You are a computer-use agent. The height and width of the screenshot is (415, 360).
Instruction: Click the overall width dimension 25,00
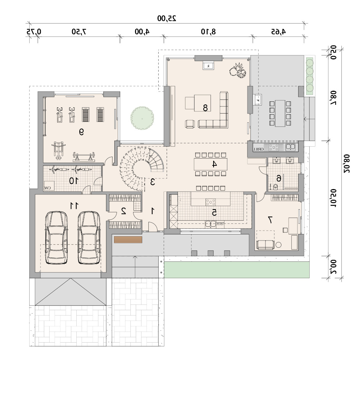pyautogui.click(x=167, y=18)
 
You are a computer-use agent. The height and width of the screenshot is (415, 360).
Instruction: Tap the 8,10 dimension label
pyautogui.click(x=208, y=32)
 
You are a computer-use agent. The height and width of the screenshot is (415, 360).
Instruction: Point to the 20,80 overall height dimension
pyautogui.click(x=347, y=163)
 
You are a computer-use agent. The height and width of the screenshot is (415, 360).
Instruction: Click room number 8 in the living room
pyautogui.click(x=205, y=108)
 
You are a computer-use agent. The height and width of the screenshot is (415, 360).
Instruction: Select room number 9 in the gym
pyautogui.click(x=81, y=132)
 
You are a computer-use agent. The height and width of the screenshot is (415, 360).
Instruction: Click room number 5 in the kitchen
pyautogui.click(x=214, y=212)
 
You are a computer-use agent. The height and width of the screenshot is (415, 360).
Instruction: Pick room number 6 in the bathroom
pyautogui.click(x=279, y=178)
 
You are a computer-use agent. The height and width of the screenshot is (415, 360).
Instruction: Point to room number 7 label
pyautogui.click(x=270, y=220)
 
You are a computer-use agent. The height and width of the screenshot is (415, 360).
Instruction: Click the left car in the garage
pyautogui.click(x=56, y=237)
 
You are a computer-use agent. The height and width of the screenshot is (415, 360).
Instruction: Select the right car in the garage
pyautogui.click(x=89, y=237)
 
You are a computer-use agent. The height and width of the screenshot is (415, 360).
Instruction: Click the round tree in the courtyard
pyautogui.click(x=142, y=118)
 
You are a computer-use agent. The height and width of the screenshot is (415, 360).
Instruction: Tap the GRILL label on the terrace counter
pyautogui.click(x=258, y=149)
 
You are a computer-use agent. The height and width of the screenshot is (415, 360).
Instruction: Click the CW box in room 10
pyautogui.click(x=49, y=186)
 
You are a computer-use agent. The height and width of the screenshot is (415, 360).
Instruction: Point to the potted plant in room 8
pyautogui.click(x=238, y=71)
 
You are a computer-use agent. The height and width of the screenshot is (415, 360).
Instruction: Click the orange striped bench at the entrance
pyautogui.click(x=128, y=240)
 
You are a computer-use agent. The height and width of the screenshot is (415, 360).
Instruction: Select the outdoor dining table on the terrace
pyautogui.click(x=280, y=113)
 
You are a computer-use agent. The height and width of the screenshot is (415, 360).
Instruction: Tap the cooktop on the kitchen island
pyautogui.click(x=211, y=202)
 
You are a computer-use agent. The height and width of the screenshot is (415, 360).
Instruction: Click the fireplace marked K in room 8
pyautogui.click(x=209, y=66)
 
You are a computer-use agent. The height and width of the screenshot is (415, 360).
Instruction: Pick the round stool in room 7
pyautogui.click(x=278, y=245)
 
